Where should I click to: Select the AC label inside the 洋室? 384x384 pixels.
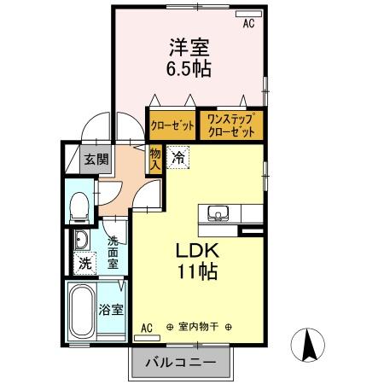point(249,24)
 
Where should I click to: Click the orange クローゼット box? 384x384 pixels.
point(172,126)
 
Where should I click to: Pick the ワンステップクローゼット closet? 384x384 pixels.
point(231,126)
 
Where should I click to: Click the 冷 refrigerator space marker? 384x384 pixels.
point(178,157)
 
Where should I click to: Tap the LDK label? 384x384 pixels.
point(198,253)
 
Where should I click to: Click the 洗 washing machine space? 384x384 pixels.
point(84,264)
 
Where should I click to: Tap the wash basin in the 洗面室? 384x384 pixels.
point(82,238)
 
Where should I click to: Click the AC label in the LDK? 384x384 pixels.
point(146,327)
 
